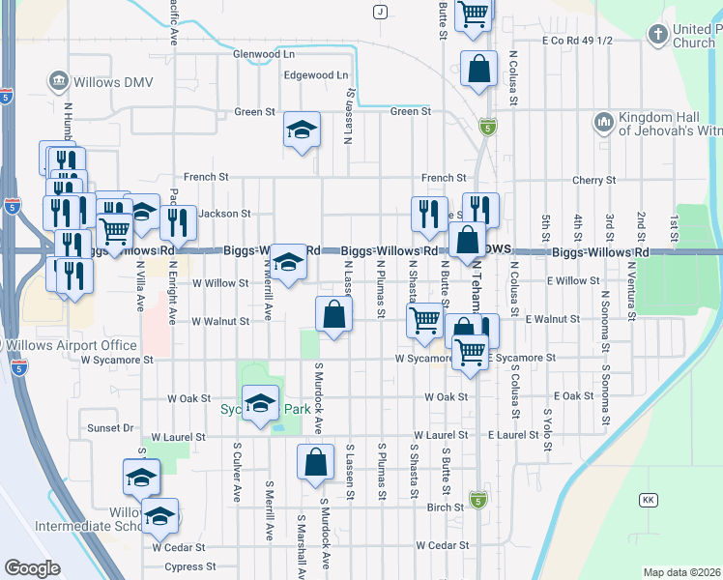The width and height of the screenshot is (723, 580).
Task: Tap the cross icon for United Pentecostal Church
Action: [657, 36]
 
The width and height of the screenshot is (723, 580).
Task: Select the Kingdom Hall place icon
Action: [604, 122]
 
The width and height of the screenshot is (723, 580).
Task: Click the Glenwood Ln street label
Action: [263, 54]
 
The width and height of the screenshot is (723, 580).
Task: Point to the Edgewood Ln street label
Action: [315, 74]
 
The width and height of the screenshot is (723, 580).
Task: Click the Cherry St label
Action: [593, 180]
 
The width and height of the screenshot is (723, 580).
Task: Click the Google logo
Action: [32, 567]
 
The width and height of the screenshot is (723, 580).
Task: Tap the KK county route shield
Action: [648, 500]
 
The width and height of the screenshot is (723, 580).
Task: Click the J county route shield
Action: [381, 12]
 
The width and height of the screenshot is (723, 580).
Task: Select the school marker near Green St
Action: [302, 130]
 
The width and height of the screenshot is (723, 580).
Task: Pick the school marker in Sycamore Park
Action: [260, 404]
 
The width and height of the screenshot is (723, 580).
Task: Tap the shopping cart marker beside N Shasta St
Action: [425, 320]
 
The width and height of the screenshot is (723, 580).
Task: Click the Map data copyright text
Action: [682, 572]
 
